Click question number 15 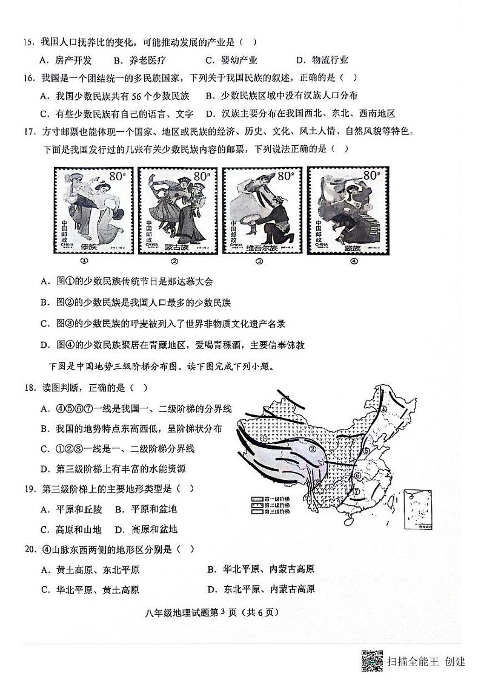point(27,42)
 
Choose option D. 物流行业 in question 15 point(322,60)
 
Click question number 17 point(27,131)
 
